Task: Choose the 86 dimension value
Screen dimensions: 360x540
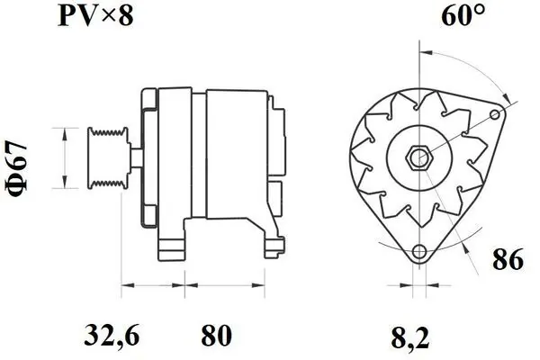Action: [509, 262]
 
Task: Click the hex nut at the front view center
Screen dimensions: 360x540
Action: [418, 157]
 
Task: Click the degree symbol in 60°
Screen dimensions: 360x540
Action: [481, 11]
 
